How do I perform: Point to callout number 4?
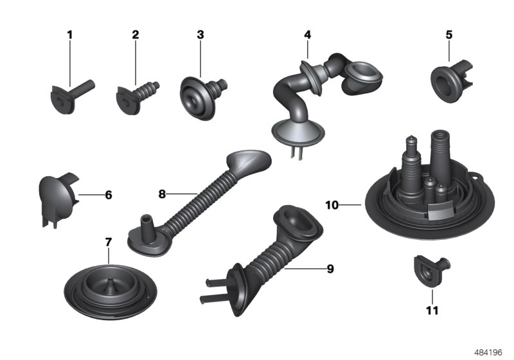tap(307, 34)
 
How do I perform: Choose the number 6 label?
tap(108, 194)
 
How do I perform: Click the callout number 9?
tap(330, 269)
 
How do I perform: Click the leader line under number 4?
tap(307, 50)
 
